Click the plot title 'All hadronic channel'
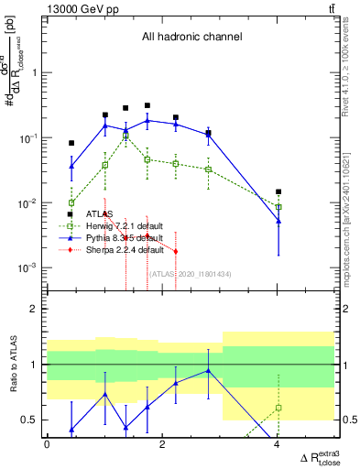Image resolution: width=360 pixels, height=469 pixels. click(x=191, y=37)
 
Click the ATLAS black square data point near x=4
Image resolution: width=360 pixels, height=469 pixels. click(x=278, y=191)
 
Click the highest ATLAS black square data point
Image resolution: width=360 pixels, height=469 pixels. click(x=147, y=105)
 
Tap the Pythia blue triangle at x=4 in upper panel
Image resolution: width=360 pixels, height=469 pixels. click(x=278, y=222)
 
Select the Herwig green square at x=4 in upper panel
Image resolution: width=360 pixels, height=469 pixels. click(x=278, y=207)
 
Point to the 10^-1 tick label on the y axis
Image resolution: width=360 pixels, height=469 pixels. click(x=29, y=137)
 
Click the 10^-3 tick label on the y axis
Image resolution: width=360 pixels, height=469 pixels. click(x=29, y=268)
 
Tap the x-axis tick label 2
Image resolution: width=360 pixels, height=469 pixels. click(x=162, y=444)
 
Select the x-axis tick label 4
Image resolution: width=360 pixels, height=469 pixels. click(x=278, y=444)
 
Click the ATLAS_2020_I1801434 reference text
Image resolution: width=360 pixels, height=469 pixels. click(x=176, y=273)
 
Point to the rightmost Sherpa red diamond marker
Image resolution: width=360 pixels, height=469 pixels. click(x=175, y=251)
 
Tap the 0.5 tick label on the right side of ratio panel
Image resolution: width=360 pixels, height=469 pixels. click(x=348, y=420)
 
